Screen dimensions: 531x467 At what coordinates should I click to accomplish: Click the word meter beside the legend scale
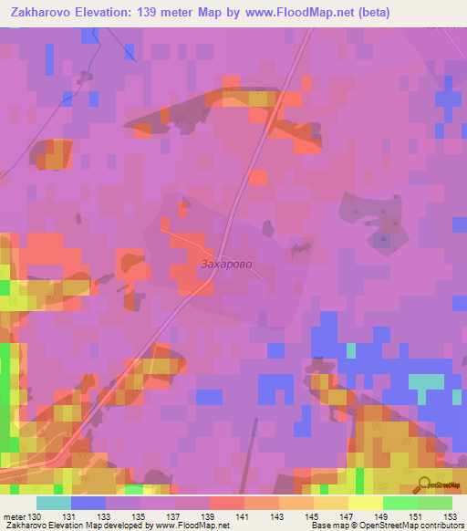[x=15, y=516]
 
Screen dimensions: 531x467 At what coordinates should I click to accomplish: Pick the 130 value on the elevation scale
[x=36, y=516]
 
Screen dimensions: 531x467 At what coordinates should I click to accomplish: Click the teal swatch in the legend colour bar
[x=53, y=503]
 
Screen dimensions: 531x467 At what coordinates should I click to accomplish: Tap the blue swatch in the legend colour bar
[x=88, y=503]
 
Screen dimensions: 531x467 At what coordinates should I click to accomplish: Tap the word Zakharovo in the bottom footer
[x=25, y=526]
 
